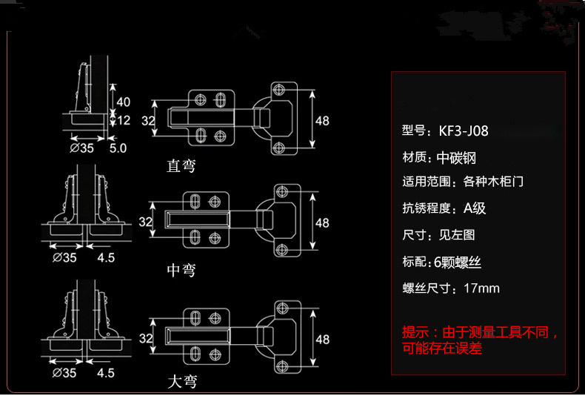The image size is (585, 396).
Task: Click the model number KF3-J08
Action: [x=463, y=131]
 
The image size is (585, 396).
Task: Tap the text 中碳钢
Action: [x=456, y=158]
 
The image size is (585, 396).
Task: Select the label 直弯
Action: [x=181, y=165]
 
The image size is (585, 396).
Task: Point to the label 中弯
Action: [x=181, y=271]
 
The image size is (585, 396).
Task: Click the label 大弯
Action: [x=181, y=383]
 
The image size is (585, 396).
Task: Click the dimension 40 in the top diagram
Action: [x=123, y=102]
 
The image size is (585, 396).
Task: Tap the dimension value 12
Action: [x=123, y=119]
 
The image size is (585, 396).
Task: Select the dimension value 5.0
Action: [x=118, y=148]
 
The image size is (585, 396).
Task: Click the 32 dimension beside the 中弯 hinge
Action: [x=146, y=221]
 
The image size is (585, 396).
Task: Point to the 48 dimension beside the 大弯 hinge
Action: [x=322, y=339]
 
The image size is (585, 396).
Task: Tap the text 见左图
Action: [x=457, y=236]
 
